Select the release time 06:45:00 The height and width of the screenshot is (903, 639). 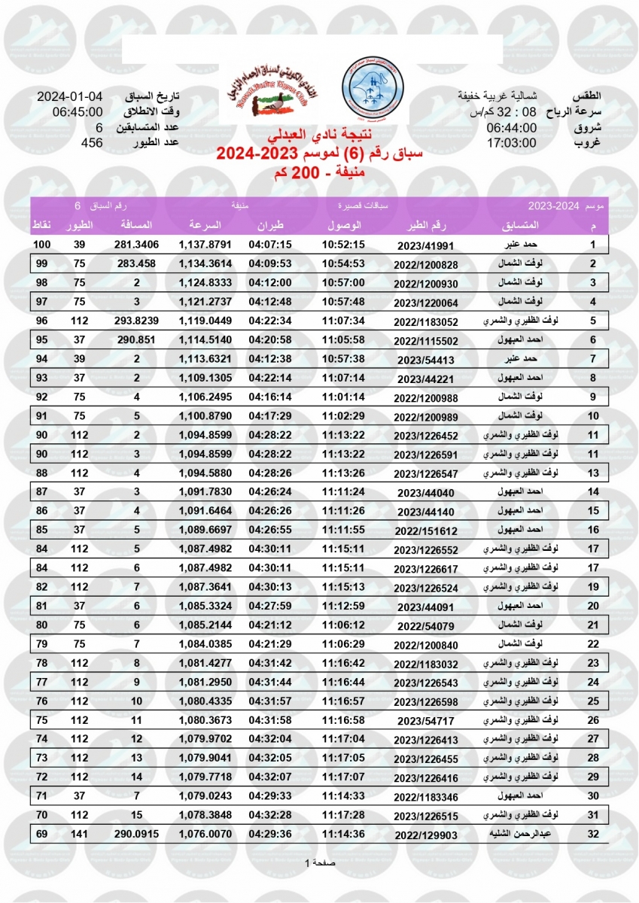click(78, 113)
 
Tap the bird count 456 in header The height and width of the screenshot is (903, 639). click(92, 143)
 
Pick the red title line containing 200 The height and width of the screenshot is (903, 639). click(319, 173)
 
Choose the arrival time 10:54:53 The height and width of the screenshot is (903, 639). click(343, 263)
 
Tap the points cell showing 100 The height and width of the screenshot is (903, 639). click(41, 245)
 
